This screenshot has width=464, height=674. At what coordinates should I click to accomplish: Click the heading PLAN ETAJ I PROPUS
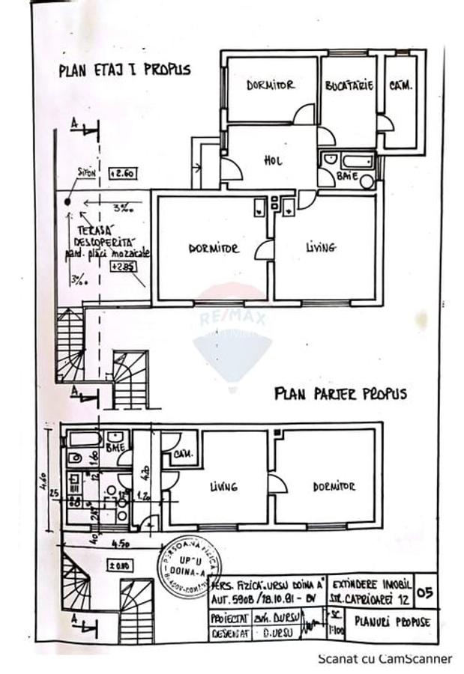pos(124,70)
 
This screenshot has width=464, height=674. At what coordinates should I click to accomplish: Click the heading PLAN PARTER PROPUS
pos(340,393)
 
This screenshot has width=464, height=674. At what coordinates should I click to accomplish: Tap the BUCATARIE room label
pos(349,86)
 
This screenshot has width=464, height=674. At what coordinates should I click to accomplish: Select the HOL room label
pos(271,160)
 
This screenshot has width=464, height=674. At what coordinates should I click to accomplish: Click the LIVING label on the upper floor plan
pos(321,247)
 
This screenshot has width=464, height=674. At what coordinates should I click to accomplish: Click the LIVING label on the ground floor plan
pos(223,487)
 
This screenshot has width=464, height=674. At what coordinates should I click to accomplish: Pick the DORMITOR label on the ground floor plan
pos(334,487)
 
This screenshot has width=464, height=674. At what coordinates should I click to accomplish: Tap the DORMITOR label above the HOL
pos(271,85)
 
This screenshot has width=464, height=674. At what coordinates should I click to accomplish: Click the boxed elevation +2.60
pos(122,172)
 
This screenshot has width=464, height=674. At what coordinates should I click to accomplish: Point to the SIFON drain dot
pos(68,201)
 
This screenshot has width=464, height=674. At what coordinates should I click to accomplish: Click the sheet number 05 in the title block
pos(425,594)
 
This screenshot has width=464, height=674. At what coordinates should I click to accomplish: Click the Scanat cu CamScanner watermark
pos(385,659)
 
